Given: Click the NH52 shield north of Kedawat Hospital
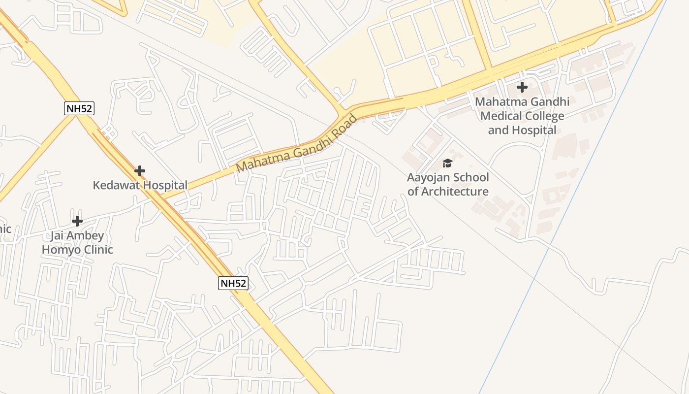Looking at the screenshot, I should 79,108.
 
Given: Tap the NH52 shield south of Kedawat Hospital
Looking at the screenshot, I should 233,283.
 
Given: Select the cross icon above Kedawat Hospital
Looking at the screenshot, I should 140,171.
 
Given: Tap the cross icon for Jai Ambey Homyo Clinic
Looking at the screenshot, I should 77,221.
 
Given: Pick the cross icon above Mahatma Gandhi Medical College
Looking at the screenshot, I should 522,88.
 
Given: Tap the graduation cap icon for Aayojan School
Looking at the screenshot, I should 447,163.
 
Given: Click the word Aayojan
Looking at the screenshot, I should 428,177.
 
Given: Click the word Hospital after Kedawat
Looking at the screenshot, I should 165,185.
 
